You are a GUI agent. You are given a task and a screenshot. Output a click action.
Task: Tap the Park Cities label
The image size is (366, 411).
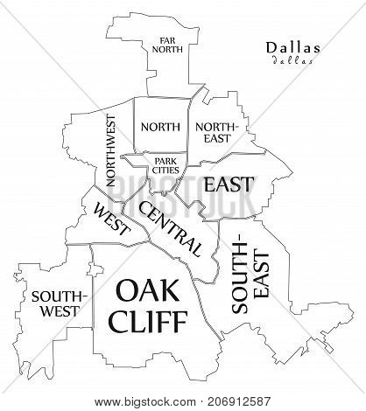click(x=165, y=165)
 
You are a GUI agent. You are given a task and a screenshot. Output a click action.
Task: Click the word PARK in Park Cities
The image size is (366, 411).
click(x=165, y=160)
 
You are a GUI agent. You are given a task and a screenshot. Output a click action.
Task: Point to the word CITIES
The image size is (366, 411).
click(x=165, y=171)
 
